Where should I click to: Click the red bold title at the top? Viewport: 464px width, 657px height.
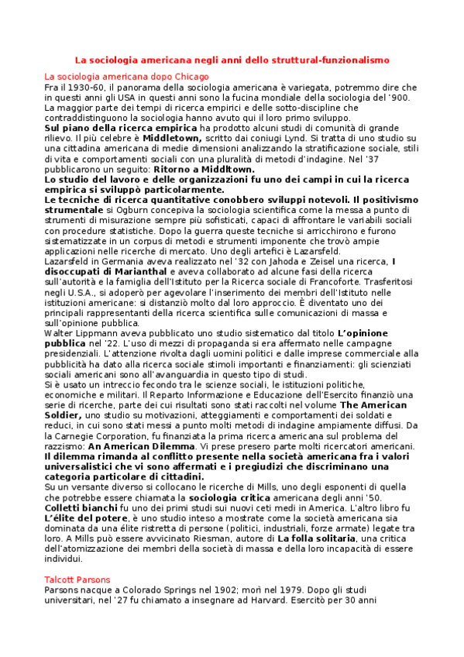[232, 59]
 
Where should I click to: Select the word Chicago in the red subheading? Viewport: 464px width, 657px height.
[189, 77]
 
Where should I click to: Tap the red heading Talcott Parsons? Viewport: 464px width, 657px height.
[77, 580]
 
